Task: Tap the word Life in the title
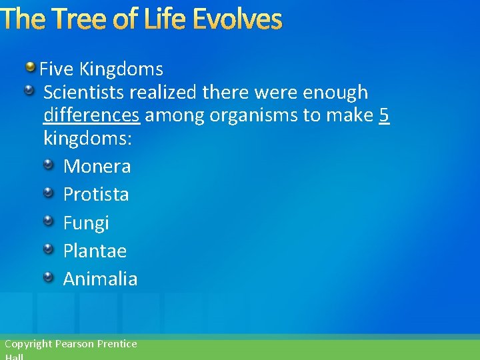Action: coord(160,19)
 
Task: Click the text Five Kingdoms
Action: coord(101,69)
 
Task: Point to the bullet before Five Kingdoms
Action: coord(31,67)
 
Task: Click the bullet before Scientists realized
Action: coord(31,91)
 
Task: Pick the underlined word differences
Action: coord(91,115)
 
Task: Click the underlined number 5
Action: coord(384,115)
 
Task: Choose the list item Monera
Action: coord(97,166)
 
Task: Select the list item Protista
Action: coord(96,194)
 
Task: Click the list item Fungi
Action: coord(86,223)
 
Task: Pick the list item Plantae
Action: coord(95,251)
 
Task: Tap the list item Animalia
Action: coord(100,279)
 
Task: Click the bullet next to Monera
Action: coord(49,165)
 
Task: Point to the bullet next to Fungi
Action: coord(49,221)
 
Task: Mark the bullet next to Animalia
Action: coord(49,277)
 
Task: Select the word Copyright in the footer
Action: coord(28,344)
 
